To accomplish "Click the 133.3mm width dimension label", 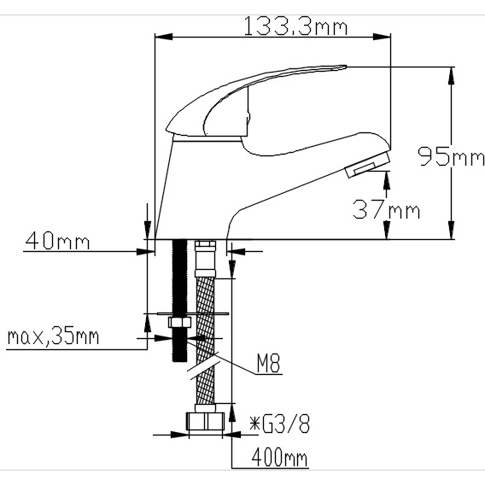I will [296, 26].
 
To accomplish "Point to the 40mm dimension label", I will [57, 241].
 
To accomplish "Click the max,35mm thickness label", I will [53, 336].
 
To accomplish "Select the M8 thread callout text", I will [268, 365].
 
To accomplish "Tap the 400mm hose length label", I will [278, 459].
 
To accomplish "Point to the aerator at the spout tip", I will [367, 165].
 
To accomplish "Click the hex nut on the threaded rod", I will [180, 324].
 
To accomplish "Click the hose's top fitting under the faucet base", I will [205, 257].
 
